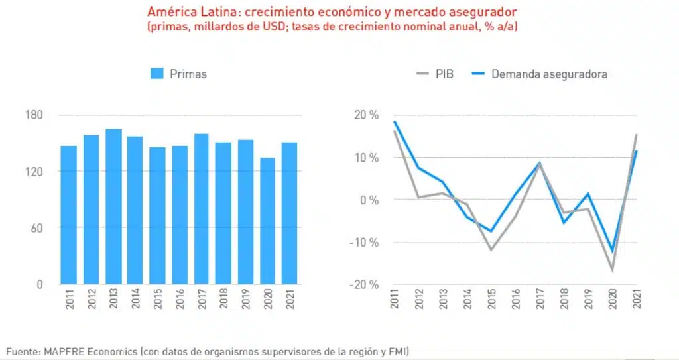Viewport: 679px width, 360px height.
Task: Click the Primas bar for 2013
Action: [x=113, y=206]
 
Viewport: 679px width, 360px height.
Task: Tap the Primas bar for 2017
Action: [x=201, y=209]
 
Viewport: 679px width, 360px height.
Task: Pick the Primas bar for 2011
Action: [x=69, y=215]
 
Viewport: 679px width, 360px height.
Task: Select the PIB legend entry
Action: [x=435, y=74]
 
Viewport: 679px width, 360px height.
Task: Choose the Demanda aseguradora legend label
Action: [x=549, y=74]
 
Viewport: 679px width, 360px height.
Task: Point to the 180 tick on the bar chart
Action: [x=34, y=115]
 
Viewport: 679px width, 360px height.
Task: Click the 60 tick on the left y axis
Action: [x=36, y=228]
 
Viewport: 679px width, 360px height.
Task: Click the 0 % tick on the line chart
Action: [x=367, y=200]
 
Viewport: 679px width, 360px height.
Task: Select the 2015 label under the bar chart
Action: [x=157, y=303]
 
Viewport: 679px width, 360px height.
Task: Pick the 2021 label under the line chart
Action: [x=637, y=303]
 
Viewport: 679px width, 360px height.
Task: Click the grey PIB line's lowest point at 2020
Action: [x=612, y=270]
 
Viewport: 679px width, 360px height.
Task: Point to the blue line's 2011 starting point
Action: [x=396, y=121]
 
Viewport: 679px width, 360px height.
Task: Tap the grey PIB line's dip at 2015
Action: [x=491, y=250]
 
